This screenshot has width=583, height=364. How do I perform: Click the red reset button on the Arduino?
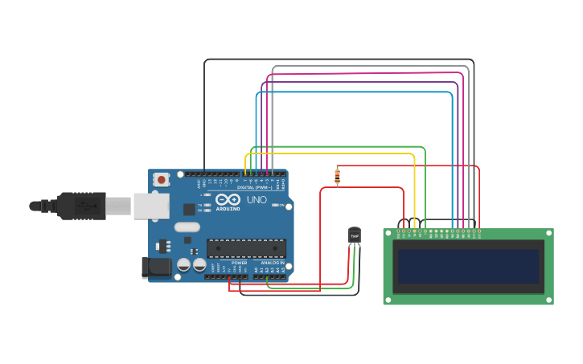point(161,179)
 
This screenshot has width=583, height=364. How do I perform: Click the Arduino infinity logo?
point(228,199)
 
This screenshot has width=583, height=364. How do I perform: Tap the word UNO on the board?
point(257,199)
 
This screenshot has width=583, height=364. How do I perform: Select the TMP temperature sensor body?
point(355,235)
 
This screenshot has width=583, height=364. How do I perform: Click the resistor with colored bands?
point(337,175)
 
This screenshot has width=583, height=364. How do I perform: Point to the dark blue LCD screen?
point(468,266)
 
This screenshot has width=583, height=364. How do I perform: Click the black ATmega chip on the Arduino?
point(246,248)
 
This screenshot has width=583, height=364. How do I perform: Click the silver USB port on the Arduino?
point(150,206)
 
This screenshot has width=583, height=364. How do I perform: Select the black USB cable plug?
point(80,206)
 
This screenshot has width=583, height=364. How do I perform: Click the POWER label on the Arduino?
point(240,263)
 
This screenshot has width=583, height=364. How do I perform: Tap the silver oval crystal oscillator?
point(187,227)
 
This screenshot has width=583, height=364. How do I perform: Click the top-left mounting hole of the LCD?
point(387,232)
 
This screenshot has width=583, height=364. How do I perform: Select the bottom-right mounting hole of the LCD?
point(550,301)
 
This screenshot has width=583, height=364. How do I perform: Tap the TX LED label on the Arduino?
point(200,205)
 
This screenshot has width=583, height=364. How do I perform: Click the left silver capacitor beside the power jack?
point(183,264)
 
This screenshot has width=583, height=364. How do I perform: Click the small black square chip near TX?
point(189,209)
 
